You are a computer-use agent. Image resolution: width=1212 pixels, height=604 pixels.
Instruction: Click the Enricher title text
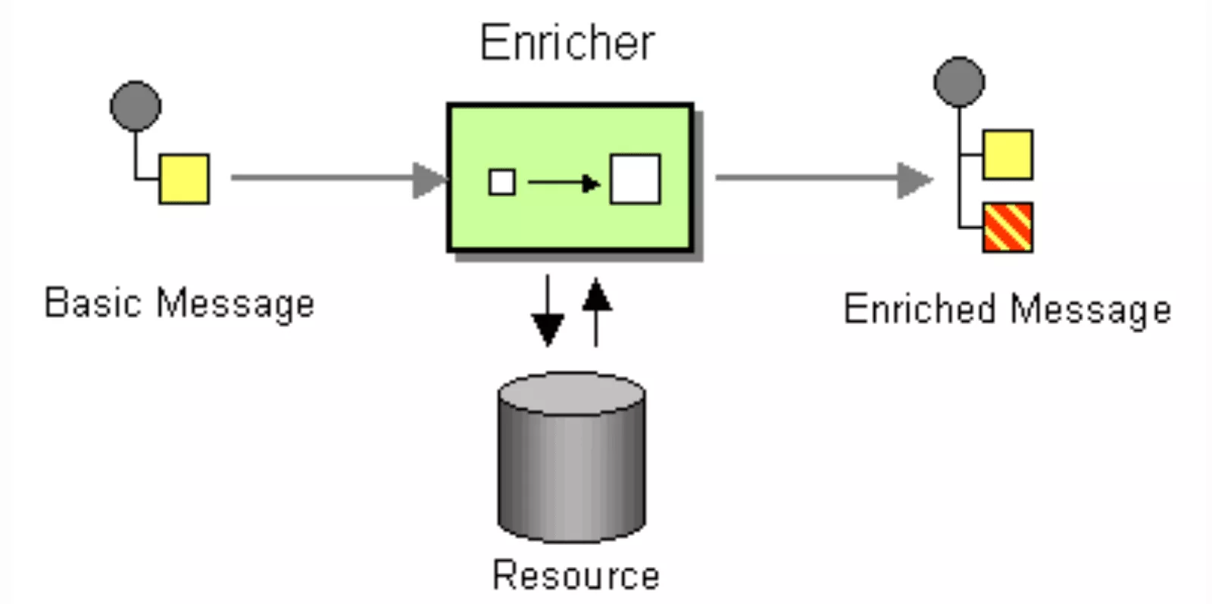[x=567, y=42]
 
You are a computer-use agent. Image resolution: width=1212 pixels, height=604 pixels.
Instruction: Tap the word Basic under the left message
[x=93, y=303]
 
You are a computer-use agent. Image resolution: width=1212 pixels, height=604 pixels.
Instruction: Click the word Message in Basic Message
[x=235, y=304]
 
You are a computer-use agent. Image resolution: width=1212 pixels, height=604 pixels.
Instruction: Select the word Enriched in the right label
[x=919, y=309]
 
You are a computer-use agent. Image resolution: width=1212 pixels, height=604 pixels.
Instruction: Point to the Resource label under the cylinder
[x=576, y=575]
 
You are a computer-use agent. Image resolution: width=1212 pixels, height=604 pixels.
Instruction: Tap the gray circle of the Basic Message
[x=136, y=106]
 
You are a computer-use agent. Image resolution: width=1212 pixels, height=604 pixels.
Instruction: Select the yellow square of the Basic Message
[x=184, y=179]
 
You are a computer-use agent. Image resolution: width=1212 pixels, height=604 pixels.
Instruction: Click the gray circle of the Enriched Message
[x=959, y=82]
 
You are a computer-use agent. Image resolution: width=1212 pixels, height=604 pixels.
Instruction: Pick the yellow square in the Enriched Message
[x=1007, y=155]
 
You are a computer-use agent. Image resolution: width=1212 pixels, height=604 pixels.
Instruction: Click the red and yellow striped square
[x=1007, y=227]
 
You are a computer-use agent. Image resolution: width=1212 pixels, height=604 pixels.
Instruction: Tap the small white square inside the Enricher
[x=501, y=182]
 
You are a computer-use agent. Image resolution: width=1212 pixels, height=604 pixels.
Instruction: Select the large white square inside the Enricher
[x=635, y=179]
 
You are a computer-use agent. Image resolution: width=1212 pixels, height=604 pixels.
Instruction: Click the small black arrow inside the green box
[x=564, y=182]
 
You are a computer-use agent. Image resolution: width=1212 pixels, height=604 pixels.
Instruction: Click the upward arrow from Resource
[x=597, y=310]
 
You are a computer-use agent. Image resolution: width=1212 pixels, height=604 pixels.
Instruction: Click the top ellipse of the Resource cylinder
[x=571, y=393]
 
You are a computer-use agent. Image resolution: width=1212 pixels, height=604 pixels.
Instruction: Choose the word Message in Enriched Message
[x=1091, y=310]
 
